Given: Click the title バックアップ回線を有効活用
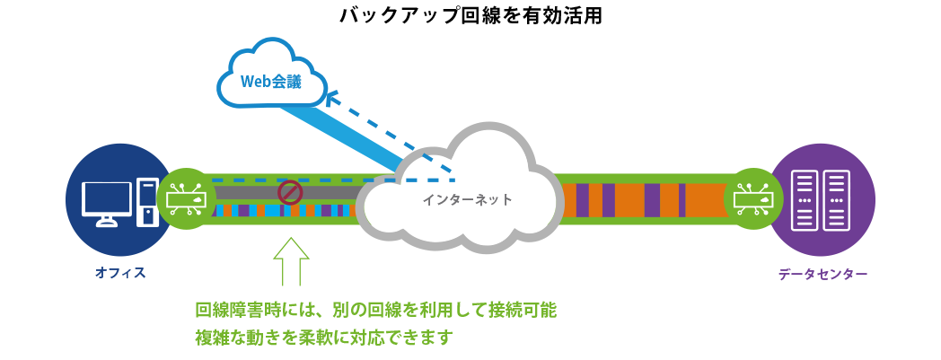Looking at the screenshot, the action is (x=470, y=15).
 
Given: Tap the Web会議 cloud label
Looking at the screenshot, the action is (x=271, y=83).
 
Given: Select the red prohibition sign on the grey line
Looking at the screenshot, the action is (x=290, y=192).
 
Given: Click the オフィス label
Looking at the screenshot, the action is (x=120, y=274).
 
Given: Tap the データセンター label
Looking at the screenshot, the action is (x=822, y=274).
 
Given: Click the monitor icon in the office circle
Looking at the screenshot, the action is (x=107, y=203).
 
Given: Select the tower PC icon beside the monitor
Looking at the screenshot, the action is (x=147, y=202).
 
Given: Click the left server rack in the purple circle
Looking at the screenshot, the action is (x=805, y=200).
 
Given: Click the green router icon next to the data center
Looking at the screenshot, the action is (x=753, y=198).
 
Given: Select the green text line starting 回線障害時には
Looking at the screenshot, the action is (x=376, y=311).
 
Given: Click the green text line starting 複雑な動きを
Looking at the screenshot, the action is (x=323, y=338).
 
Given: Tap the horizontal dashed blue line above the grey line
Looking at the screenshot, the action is (x=334, y=180).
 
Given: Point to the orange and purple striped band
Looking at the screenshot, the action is (x=645, y=198).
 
